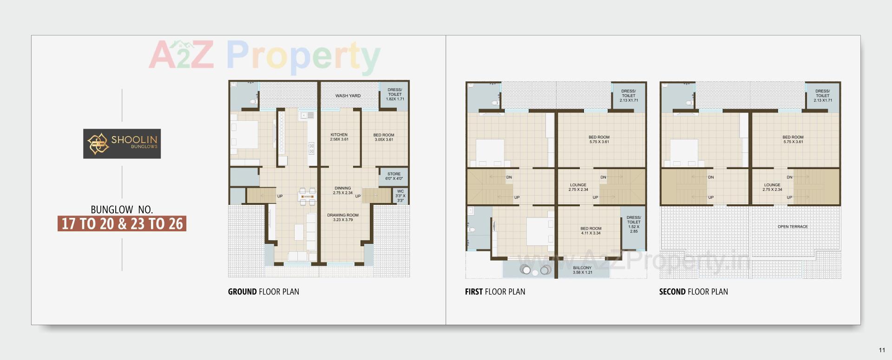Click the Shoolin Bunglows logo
click(122, 144)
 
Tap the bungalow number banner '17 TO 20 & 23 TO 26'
click(122, 223)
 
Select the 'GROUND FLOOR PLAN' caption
click(263, 292)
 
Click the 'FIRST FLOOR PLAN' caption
click(495, 292)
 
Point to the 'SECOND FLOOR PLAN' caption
click(693, 292)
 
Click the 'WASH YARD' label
click(348, 96)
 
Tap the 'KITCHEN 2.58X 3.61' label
click(339, 137)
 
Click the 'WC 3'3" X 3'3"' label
click(400, 196)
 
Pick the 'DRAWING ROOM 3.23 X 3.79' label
click(343, 217)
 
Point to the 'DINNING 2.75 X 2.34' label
click(343, 190)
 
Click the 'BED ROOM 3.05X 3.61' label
click(384, 137)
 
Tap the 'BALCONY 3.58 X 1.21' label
click(582, 270)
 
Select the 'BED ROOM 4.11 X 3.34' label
click(590, 231)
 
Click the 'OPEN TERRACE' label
click(793, 227)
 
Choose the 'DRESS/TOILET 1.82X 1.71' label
click(395, 94)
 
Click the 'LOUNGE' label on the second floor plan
click(772, 187)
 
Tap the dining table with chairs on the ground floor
click(307, 196)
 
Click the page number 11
click(882, 350)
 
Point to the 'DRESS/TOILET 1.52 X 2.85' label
click(634, 224)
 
